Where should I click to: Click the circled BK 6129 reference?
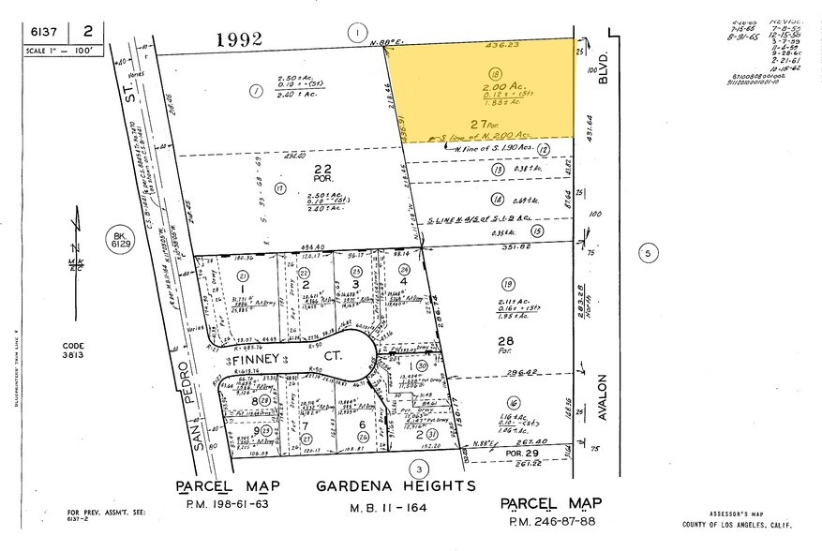pyautogui.click(x=118, y=240)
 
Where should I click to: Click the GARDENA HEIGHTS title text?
pyautogui.click(x=396, y=486)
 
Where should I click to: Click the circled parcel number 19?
pyautogui.click(x=508, y=284)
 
